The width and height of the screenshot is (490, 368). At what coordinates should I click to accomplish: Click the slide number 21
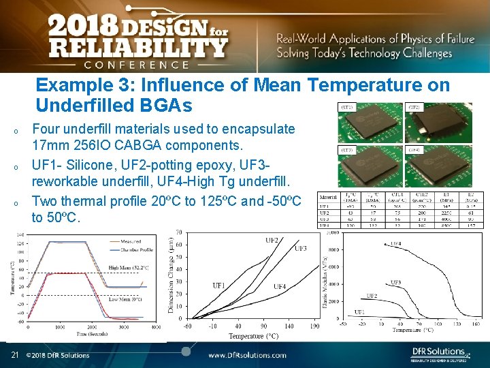pyautogui.click(x=14, y=354)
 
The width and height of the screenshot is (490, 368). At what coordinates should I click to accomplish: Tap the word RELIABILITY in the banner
pyautogui.click(x=136, y=48)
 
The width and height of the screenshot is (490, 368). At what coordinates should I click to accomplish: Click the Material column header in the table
pyautogui.click(x=329, y=198)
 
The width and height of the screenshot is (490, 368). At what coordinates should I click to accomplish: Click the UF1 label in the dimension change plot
pyautogui.click(x=219, y=286)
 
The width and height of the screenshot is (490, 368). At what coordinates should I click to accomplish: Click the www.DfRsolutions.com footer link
pyautogui.click(x=246, y=355)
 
